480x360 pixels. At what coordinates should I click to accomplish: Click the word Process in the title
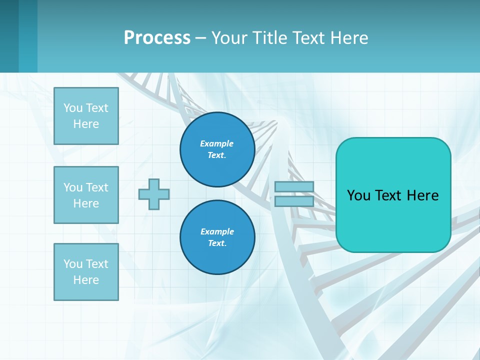pyautogui.click(x=157, y=37)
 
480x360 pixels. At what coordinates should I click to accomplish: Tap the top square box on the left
pyautogui.click(x=86, y=116)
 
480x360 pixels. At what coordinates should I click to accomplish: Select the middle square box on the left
pyautogui.click(x=86, y=195)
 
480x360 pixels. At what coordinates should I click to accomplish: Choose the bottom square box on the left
pyautogui.click(x=86, y=272)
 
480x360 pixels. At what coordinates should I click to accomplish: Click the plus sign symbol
pyautogui.click(x=154, y=194)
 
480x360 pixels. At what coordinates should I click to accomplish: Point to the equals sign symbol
pyautogui.click(x=294, y=194)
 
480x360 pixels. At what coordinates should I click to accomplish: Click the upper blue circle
pyautogui.click(x=217, y=149)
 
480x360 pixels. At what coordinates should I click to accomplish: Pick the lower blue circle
pyautogui.click(x=217, y=237)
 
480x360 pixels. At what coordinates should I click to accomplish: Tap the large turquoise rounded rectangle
pyautogui.click(x=393, y=195)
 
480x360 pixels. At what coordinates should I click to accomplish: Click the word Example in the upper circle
pyautogui.click(x=216, y=143)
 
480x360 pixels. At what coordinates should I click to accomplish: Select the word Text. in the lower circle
pyautogui.click(x=217, y=243)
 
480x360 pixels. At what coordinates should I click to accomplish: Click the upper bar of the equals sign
pyautogui.click(x=294, y=187)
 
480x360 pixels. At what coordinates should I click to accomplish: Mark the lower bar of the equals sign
pyautogui.click(x=294, y=201)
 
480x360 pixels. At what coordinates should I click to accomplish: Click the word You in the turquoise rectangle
pyautogui.click(x=358, y=195)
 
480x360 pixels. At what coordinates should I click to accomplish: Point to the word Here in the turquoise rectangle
pyautogui.click(x=422, y=195)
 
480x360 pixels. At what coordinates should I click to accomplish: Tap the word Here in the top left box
pyautogui.click(x=86, y=124)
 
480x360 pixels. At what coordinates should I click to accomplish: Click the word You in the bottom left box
pyautogui.click(x=73, y=264)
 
